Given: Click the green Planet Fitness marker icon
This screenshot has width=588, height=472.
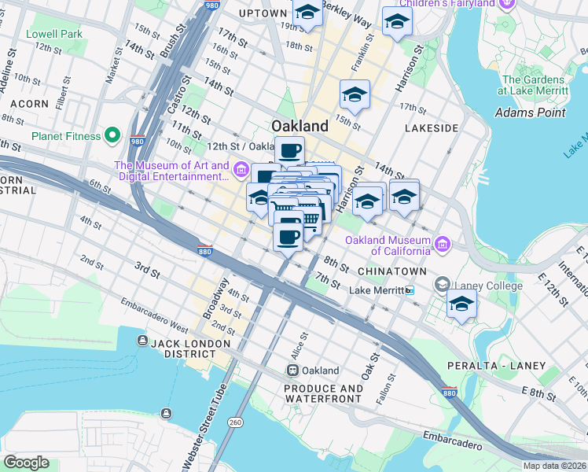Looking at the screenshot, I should (x=112, y=136).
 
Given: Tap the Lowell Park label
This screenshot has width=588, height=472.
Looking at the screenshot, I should (x=54, y=35).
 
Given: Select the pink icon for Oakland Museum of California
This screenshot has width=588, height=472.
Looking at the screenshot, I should (x=443, y=245).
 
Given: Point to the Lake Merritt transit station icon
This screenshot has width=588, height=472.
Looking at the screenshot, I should (x=409, y=290).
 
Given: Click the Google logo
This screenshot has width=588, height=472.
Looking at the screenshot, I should (x=27, y=463).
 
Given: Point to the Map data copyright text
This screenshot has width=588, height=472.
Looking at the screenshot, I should (x=554, y=466).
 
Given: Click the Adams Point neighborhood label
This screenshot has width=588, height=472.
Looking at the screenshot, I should (x=530, y=112).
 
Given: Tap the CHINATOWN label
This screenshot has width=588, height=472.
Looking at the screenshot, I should (x=391, y=271).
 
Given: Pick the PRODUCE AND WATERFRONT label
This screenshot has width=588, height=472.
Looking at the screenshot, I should (x=324, y=394).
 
